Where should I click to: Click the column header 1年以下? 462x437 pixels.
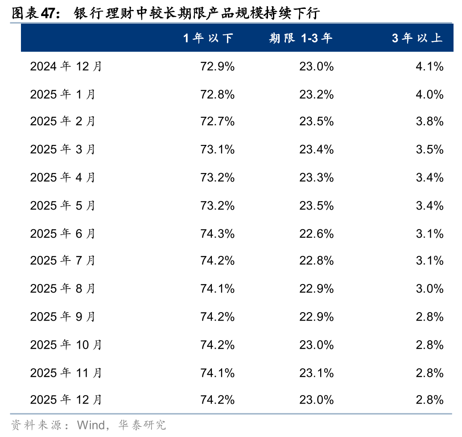point(208,38)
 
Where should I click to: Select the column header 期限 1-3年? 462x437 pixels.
point(301,38)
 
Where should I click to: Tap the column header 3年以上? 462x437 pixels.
point(417,38)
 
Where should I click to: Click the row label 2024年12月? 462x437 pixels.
point(66,67)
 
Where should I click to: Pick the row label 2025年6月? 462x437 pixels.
point(62,234)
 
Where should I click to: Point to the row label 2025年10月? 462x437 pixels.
point(66,345)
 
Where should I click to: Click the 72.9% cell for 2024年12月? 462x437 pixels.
point(218,67)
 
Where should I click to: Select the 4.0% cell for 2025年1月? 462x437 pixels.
point(429,95)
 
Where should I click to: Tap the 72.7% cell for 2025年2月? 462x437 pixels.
point(218,121)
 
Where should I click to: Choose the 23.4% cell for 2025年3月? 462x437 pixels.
point(317,149)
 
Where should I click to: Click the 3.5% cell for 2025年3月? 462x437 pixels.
point(429,149)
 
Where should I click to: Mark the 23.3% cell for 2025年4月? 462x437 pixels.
point(317,177)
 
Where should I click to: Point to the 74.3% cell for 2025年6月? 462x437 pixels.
point(218,234)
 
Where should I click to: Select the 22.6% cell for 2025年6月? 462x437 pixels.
point(317,234)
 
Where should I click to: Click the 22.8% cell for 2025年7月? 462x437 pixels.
point(317,260)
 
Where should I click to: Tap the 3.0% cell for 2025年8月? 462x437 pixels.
point(429,289)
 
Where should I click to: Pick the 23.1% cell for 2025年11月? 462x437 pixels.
point(317,373)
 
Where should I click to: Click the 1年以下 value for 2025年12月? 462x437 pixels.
point(218,400)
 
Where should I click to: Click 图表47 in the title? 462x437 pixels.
point(34,13)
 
